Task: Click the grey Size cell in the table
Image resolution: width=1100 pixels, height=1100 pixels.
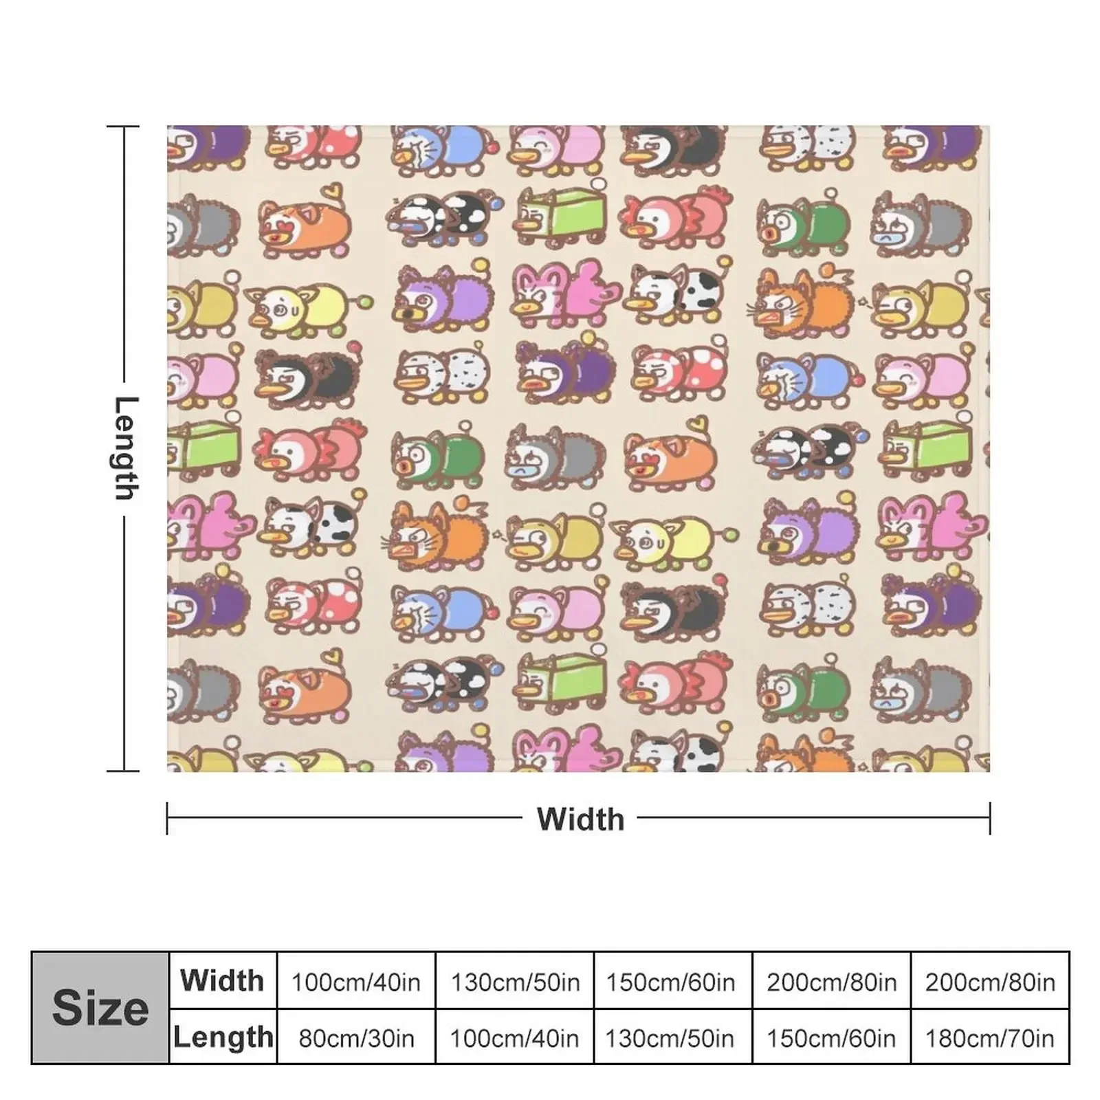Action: coord(100,1008)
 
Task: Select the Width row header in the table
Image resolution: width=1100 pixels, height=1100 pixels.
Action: coord(223,980)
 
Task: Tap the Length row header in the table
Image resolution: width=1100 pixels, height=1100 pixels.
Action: coord(223,1037)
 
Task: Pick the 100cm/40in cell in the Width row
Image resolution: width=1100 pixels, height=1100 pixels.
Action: coord(355,982)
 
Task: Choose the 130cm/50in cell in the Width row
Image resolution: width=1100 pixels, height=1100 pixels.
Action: coord(514,982)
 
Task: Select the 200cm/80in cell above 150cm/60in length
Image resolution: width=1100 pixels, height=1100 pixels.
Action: coord(831,982)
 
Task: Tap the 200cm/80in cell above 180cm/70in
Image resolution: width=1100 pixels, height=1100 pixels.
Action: coord(990,982)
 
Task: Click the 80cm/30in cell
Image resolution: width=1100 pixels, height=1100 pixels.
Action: coord(355,1037)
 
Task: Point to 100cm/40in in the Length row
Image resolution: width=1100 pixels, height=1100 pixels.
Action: coord(514,1037)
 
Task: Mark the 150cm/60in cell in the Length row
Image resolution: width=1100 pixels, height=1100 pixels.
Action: coord(831,1037)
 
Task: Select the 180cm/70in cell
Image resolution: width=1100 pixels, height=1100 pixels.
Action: coord(990,1037)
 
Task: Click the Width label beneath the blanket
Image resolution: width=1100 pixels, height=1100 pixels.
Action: coord(580,819)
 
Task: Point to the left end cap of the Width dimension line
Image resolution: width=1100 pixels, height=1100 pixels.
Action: coord(167,818)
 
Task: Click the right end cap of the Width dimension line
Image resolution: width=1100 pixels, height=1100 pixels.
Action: coord(990,818)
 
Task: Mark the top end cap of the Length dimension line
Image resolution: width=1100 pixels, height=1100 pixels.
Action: coord(124,126)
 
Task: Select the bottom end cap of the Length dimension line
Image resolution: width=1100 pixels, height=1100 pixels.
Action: coord(124,771)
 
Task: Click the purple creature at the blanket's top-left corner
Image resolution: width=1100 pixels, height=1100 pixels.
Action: coord(206,146)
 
